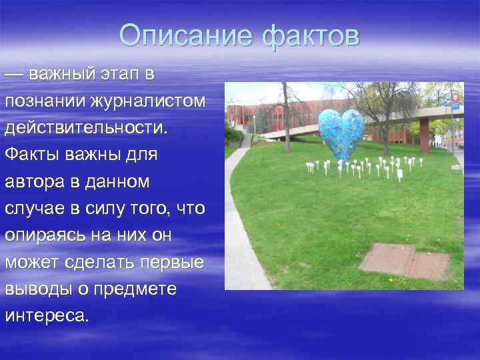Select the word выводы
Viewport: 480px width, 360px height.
coord(33,288)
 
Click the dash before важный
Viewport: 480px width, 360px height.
coord(15,74)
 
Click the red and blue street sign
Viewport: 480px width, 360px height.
coord(455,99)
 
